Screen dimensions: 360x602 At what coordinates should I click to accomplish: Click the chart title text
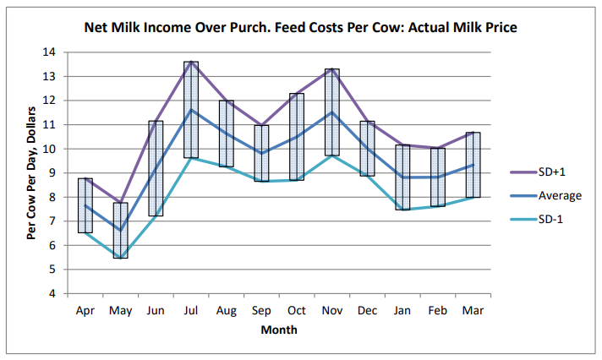[300, 28]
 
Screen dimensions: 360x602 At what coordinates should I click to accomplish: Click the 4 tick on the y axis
[52, 294]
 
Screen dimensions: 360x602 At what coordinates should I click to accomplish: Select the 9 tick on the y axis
[52, 173]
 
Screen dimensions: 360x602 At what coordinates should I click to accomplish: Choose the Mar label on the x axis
[473, 311]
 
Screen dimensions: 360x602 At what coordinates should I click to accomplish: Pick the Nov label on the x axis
[332, 311]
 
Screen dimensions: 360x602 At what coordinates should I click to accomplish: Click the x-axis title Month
[278, 330]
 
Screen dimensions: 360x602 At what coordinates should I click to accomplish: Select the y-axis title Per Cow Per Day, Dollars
[31, 173]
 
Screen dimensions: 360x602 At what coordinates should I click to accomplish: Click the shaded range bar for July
[191, 110]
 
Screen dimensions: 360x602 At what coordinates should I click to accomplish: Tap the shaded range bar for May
[120, 230]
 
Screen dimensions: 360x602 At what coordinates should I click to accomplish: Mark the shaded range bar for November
[332, 112]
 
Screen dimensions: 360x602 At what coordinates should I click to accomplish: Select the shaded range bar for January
[402, 177]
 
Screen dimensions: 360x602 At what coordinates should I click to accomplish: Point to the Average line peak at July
[191, 110]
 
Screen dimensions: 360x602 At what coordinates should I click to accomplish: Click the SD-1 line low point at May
[120, 258]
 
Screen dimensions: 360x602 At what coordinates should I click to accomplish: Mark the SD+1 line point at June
[156, 122]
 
